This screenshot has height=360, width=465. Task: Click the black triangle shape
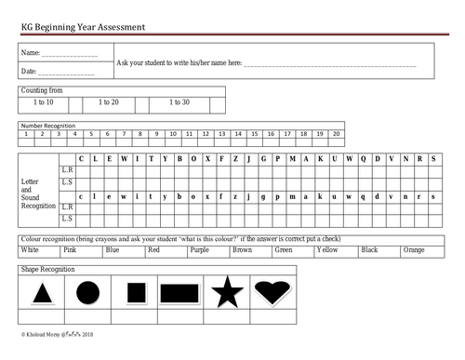42,296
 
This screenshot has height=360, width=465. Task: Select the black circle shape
86,294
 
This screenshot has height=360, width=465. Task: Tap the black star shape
227,293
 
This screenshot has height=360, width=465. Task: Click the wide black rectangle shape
179,294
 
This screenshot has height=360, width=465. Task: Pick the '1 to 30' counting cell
179,102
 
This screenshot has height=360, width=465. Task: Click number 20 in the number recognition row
336,134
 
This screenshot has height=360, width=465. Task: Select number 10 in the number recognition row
173,134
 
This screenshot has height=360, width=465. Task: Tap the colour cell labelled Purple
199,250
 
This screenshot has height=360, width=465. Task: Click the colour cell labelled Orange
414,250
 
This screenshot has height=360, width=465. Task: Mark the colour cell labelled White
31,250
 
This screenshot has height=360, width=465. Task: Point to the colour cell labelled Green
284,250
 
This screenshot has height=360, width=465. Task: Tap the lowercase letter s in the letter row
433,196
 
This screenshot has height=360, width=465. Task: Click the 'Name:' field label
30,53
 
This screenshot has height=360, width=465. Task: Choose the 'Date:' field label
29,71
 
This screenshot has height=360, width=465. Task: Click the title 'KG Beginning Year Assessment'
82,28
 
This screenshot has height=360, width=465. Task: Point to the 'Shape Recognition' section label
48,269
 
